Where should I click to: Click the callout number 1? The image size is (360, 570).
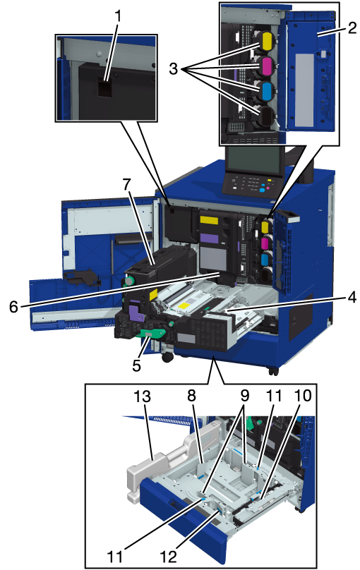117,16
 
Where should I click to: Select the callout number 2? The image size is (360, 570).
352,28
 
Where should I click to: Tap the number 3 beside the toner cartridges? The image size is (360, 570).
174,68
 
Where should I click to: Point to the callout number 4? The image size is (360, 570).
352,298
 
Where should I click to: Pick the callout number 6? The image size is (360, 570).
13,307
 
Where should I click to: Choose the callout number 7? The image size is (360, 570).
126,185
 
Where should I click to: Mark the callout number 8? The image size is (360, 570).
191,396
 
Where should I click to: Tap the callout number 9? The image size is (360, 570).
244,396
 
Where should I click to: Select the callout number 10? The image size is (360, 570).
303,396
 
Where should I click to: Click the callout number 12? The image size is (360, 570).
168,556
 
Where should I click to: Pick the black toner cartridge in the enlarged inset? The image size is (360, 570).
266,114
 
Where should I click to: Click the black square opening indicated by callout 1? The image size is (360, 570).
104,88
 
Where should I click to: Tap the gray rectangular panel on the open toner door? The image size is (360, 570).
304,90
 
